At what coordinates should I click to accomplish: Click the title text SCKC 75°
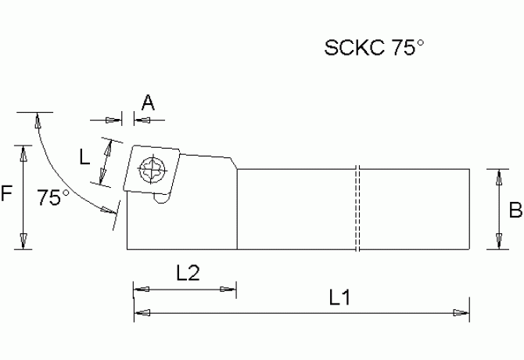click(375, 49)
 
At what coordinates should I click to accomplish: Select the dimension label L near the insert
click(85, 157)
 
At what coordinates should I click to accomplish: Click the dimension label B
click(515, 210)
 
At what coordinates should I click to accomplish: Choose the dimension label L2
click(188, 272)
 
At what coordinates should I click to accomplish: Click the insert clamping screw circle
click(151, 168)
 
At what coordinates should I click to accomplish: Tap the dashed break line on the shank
click(356, 209)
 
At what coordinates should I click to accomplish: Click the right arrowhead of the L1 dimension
click(461, 313)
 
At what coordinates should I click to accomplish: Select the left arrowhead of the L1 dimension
click(142, 313)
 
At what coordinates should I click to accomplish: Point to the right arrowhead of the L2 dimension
click(229, 289)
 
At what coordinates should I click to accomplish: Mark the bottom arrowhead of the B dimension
click(498, 243)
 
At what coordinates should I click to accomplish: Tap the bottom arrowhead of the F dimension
click(23, 242)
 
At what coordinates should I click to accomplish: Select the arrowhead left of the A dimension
click(117, 120)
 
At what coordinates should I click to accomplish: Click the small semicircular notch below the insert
click(161, 200)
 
